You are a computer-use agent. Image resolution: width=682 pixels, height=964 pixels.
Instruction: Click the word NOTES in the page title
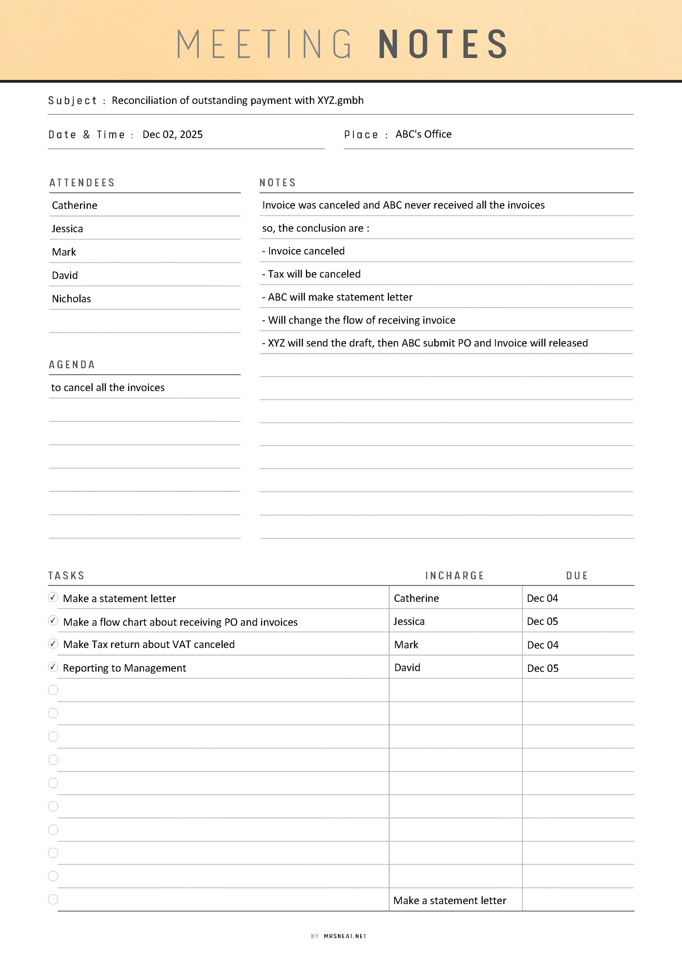[x=443, y=44]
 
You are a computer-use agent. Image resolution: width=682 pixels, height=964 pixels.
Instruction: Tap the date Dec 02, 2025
[x=172, y=135]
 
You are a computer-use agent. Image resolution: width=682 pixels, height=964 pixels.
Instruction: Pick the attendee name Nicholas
[x=71, y=298]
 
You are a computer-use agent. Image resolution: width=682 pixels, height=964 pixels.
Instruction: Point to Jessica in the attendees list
[x=67, y=229]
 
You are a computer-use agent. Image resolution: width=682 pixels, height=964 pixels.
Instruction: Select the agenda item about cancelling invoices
[x=108, y=387]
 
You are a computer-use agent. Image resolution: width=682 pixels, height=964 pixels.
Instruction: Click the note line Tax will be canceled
[x=311, y=274]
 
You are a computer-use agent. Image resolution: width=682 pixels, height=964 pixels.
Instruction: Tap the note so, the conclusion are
[x=315, y=228]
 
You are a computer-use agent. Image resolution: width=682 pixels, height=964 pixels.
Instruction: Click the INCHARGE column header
[x=455, y=576]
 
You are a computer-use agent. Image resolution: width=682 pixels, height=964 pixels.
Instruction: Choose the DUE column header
[x=577, y=576]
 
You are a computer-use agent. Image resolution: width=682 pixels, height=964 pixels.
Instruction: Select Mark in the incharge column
[x=406, y=645]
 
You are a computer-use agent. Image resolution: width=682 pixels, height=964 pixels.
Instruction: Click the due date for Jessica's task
[x=542, y=621]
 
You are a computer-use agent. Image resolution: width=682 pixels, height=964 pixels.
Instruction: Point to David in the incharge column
[x=407, y=668]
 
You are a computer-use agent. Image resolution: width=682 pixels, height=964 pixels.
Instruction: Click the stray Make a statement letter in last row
[x=450, y=901]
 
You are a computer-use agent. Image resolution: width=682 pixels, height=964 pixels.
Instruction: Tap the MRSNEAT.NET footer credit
[x=345, y=936]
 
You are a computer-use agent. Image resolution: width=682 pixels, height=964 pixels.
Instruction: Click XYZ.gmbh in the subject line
[x=340, y=100]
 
